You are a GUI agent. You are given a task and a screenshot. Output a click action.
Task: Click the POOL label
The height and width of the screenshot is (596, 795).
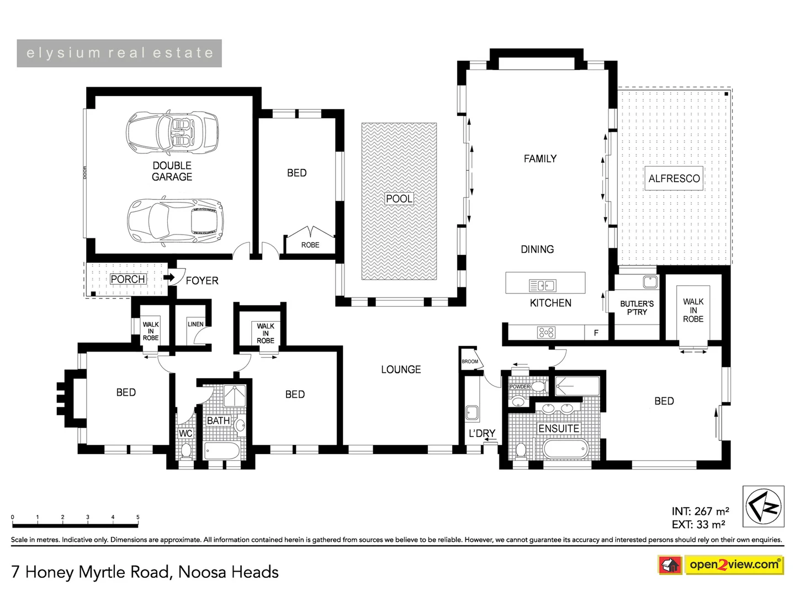pos(399,199)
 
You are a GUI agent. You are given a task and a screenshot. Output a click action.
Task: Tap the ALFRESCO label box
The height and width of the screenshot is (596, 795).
pos(674,179)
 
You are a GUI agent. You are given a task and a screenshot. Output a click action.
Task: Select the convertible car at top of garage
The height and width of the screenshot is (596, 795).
pos(172,132)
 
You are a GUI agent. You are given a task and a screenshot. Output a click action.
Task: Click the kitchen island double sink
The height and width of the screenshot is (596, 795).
pos(543,285)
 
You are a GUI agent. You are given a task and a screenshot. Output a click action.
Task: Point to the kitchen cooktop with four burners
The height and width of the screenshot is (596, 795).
pos(546,332)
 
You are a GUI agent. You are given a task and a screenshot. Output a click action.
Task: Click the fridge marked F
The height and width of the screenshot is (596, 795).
pos(596,333)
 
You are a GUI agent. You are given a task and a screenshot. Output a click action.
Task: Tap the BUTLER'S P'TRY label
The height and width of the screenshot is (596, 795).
pos(637,308)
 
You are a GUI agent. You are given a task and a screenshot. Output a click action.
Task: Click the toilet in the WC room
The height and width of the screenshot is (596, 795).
pos(185,450)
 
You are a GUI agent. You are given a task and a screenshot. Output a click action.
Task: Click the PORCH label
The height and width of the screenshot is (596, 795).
pos(128,279)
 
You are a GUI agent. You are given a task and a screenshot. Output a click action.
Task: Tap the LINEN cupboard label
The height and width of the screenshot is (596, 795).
pos(195,324)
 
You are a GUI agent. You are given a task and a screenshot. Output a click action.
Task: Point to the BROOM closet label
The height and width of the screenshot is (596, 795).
pos(470,361)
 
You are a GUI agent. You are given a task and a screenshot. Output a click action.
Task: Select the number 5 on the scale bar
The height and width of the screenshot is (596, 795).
pos(137,518)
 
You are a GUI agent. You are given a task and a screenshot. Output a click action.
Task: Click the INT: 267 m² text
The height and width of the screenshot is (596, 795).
pos(700,512)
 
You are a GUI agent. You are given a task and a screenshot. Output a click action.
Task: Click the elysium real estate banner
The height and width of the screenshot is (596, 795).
pos(119,54)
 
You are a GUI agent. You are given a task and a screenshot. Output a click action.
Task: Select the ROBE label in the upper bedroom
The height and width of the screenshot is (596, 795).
pos(310,245)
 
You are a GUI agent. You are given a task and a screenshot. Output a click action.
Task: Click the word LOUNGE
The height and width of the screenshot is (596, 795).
pos(401,370)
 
